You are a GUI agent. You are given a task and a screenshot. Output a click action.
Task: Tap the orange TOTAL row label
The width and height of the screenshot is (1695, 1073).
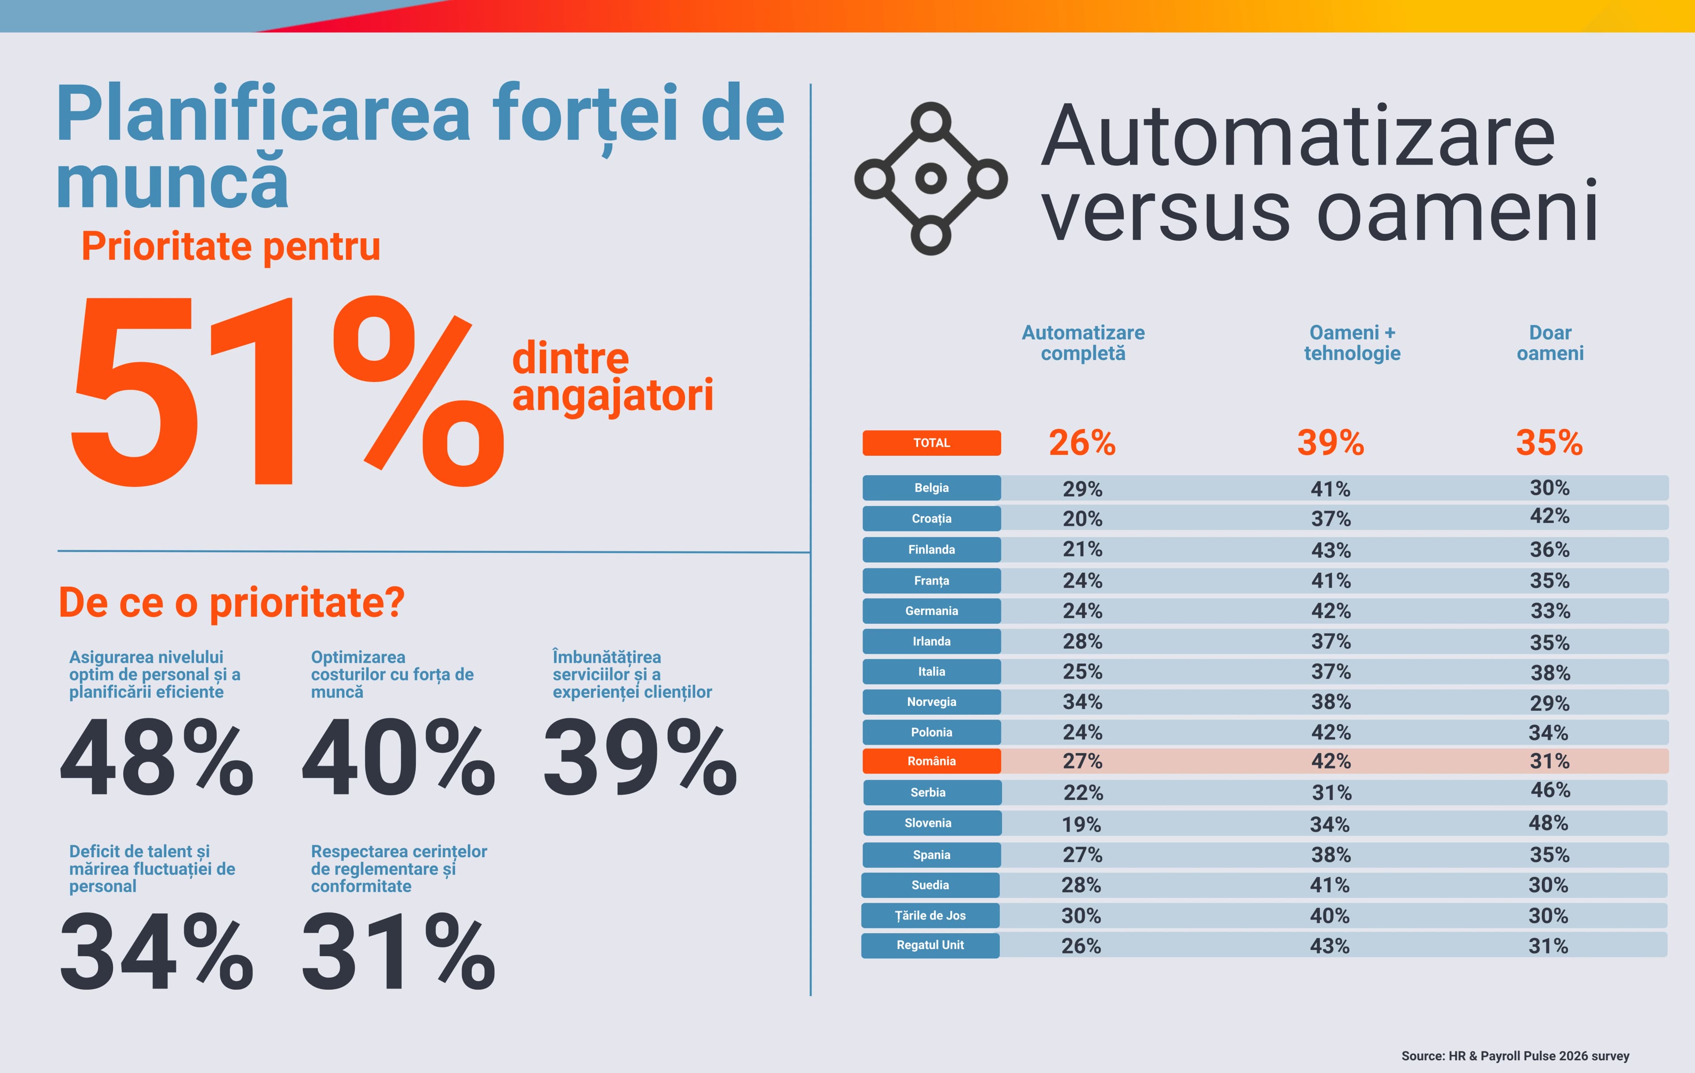click(x=931, y=443)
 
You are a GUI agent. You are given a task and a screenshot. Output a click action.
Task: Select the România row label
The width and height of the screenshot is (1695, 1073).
click(x=931, y=761)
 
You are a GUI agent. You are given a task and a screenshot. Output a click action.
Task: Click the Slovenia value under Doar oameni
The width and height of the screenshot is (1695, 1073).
click(x=1548, y=822)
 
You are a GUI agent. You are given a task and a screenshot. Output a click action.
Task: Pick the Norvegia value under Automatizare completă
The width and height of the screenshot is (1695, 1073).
click(x=1082, y=702)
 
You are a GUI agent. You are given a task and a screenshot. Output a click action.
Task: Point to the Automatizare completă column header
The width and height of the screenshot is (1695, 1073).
click(x=1083, y=343)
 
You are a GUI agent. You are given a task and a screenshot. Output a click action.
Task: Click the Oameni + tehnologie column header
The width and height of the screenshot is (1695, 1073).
click(x=1352, y=343)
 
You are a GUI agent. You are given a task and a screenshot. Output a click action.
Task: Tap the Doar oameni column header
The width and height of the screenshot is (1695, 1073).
click(x=1550, y=343)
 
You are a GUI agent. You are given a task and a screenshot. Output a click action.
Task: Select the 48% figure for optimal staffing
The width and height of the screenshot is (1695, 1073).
click(x=156, y=758)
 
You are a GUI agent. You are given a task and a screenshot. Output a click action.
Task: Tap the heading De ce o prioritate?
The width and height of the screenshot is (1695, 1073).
click(x=232, y=603)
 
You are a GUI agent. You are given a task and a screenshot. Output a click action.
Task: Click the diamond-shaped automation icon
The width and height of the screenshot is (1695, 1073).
click(x=930, y=179)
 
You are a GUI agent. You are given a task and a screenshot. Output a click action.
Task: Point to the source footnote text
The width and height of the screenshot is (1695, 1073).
click(x=1515, y=1055)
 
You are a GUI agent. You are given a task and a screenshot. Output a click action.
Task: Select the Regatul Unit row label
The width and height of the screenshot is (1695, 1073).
click(x=930, y=945)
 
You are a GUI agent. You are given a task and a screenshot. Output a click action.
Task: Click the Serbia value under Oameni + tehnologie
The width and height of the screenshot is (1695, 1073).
click(x=1331, y=793)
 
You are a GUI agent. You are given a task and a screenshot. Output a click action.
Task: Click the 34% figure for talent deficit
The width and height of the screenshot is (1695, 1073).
click(x=156, y=951)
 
